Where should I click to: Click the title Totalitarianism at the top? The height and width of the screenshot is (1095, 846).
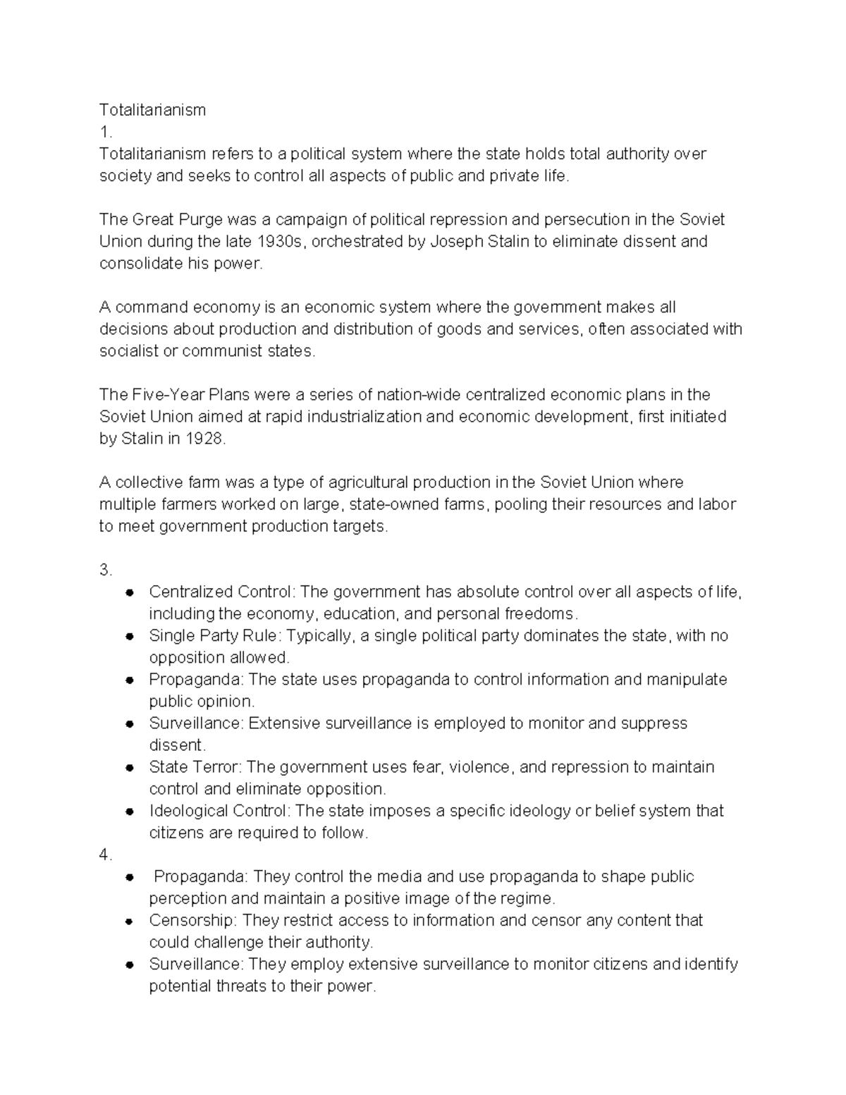click(x=152, y=110)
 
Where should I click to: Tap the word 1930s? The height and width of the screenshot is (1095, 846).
click(x=281, y=242)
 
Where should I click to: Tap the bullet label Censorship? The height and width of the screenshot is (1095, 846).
click(x=194, y=920)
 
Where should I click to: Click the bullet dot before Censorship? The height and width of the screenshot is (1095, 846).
click(x=129, y=922)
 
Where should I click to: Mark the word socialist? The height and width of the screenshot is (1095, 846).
click(x=129, y=351)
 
